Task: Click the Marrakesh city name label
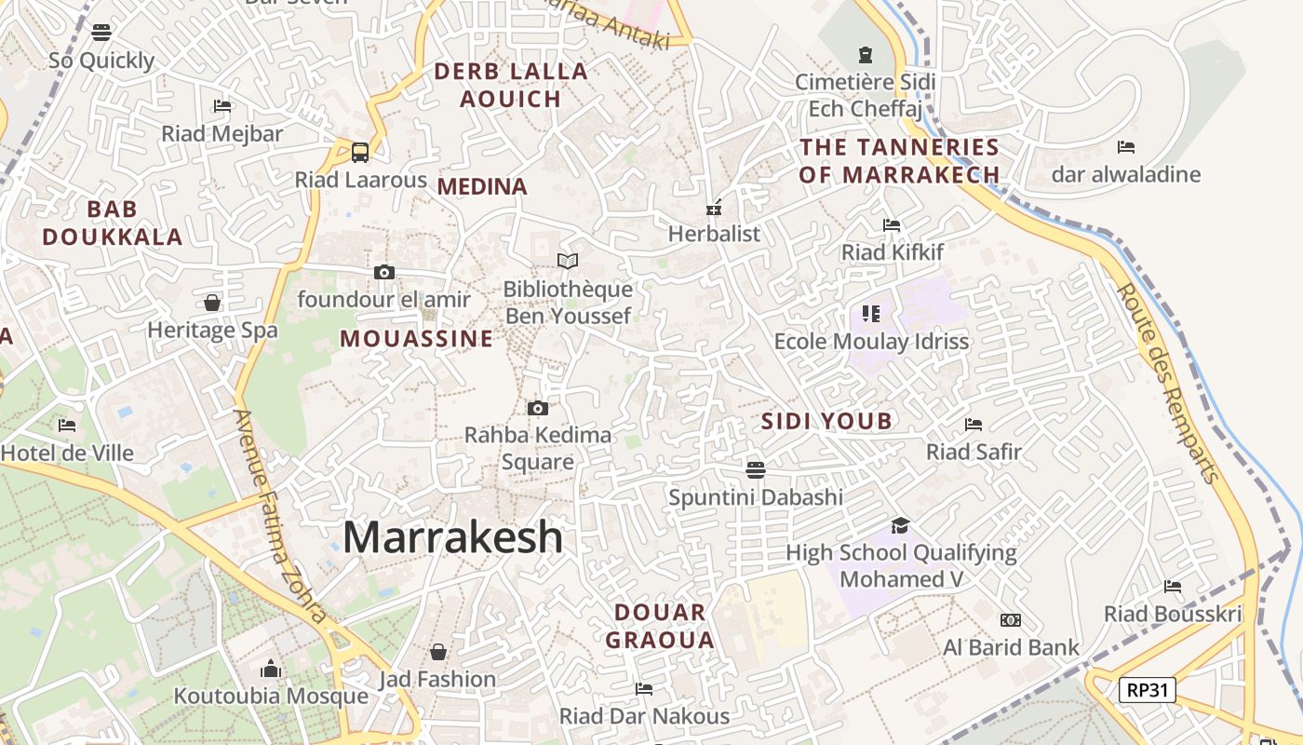tap(453, 537)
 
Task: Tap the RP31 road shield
tap(1147, 690)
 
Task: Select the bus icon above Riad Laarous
tap(360, 152)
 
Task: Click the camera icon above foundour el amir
tap(383, 272)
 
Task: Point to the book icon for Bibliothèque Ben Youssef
tap(568, 262)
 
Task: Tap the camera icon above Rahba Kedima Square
tap(537, 408)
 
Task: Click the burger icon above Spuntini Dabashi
tap(756, 469)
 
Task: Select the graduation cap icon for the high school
tap(899, 525)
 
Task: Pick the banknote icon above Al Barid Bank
tap(1011, 620)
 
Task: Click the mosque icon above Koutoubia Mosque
tap(271, 669)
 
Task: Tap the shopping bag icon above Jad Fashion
tap(437, 652)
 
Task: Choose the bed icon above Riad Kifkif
tap(892, 225)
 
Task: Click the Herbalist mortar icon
tap(714, 208)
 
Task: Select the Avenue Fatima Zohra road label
tap(280, 516)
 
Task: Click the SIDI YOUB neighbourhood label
tap(826, 422)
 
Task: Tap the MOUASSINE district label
tap(416, 339)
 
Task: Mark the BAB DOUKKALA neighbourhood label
tap(113, 223)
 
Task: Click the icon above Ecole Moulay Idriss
tap(871, 314)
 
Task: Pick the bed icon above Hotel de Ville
tap(67, 426)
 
